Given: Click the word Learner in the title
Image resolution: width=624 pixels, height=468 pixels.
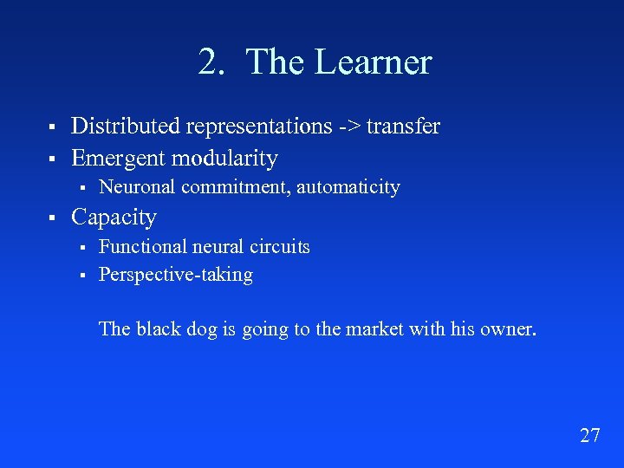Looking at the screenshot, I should (374, 62).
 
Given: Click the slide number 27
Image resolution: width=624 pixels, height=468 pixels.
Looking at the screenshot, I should (589, 435).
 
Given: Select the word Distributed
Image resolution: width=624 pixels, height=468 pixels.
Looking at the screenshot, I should (126, 127).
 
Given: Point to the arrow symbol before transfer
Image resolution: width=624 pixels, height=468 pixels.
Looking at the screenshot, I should (349, 127).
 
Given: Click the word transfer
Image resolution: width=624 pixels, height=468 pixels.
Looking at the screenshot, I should (403, 127).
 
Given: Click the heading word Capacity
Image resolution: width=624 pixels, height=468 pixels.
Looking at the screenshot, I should (114, 218).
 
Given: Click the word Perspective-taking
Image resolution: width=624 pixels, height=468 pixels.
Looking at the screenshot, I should (176, 275).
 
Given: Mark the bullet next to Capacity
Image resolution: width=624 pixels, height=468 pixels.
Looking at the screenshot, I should (52, 218).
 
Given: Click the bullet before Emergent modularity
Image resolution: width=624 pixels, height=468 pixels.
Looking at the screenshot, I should (52, 159).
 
